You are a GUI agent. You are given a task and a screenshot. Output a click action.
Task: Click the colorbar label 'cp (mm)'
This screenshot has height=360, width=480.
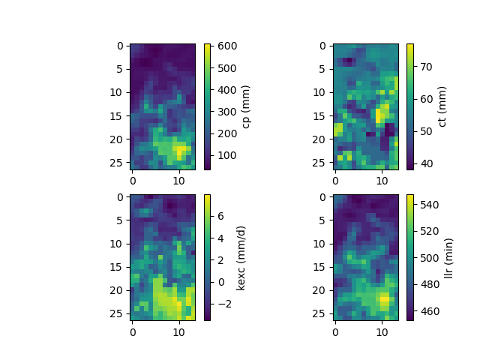[246, 106]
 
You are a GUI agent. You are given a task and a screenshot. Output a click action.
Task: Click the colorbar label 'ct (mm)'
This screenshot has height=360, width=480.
[442, 106]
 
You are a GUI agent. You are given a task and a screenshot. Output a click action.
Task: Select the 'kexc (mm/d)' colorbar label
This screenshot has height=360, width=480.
[241, 257]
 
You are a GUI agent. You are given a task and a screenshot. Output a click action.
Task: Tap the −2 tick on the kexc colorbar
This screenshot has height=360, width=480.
[221, 304]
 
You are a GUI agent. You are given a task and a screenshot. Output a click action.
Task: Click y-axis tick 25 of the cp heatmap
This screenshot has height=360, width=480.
[119, 162]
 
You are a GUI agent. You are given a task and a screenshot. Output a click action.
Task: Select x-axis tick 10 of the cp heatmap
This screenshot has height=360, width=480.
[178, 181]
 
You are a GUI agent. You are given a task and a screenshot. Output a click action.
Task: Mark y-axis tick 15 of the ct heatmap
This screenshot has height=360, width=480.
[322, 115]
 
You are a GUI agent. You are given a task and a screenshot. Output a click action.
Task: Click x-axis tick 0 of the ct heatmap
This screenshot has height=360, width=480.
[335, 181]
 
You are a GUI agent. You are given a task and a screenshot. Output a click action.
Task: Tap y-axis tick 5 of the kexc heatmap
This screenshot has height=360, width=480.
[122, 220]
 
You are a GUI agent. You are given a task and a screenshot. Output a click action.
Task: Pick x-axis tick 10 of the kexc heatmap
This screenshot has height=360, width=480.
[178, 331]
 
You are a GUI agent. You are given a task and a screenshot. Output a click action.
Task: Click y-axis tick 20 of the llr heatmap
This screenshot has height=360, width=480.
[322, 289]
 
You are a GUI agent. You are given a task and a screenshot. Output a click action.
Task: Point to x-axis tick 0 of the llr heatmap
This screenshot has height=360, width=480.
[335, 331]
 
